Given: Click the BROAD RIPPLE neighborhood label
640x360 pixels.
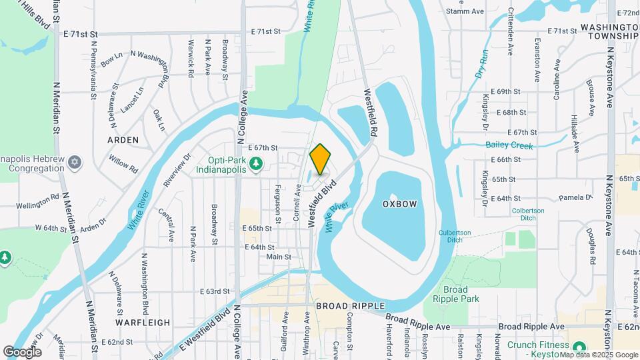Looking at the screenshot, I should [x=350, y=305].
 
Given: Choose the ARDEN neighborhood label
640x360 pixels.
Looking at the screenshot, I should [x=123, y=140].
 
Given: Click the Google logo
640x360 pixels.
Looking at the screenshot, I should [x=22, y=351].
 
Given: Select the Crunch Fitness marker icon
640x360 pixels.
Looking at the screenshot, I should [x=579, y=346].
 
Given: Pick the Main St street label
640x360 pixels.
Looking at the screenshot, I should [x=279, y=257].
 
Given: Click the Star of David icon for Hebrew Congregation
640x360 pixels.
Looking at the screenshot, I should [x=75, y=163].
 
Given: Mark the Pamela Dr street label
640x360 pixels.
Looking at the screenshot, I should [x=575, y=198].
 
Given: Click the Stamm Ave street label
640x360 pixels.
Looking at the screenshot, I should [x=464, y=11].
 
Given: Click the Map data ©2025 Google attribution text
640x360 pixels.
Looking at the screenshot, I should [x=598, y=355].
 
